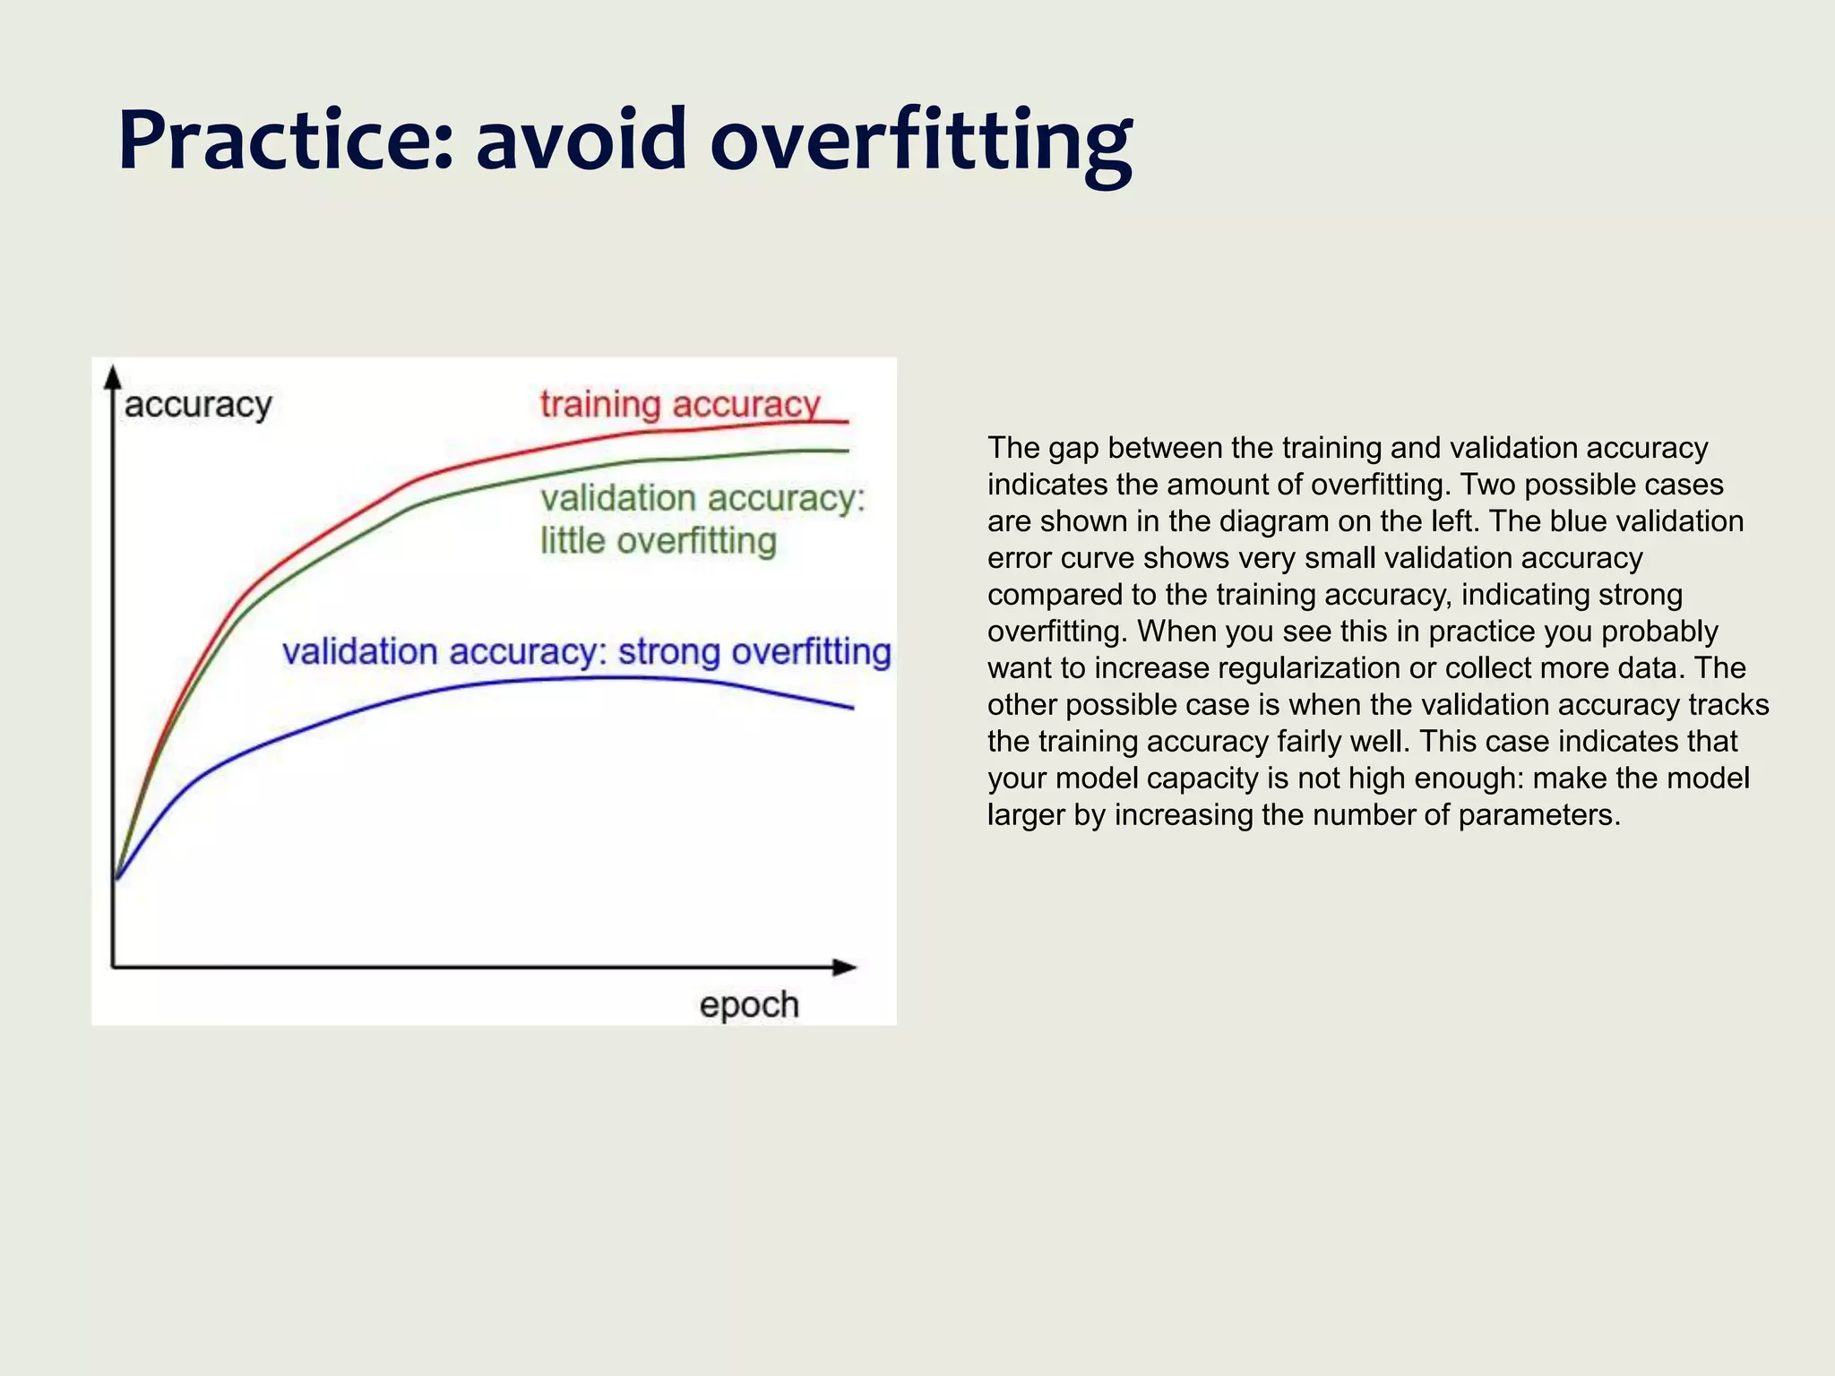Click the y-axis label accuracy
tap(198, 405)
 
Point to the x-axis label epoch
tap(749, 1005)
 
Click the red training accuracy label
tap(680, 404)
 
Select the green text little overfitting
tap(659, 541)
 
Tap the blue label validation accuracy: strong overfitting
tap(587, 652)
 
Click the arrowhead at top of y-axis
tap(113, 376)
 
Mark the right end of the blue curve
tap(851, 708)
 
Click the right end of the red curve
tap(846, 421)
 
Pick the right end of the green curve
tap(846, 451)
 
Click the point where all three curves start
tap(116, 878)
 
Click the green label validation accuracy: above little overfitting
tap(703, 499)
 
